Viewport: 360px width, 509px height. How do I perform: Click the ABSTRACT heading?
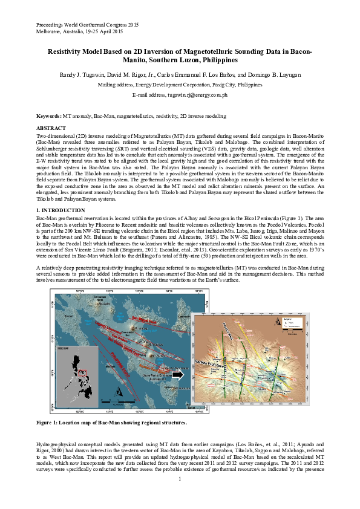pos(51,129)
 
